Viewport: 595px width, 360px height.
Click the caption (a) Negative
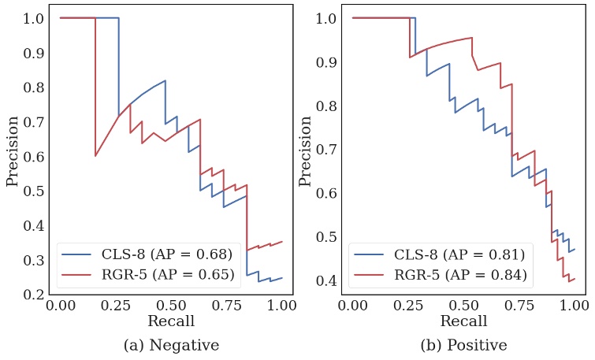pos(171,345)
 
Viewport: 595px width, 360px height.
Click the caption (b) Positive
pos(463,345)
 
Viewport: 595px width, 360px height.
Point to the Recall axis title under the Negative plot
pos(171,321)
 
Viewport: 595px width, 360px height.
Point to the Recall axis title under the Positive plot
pos(463,321)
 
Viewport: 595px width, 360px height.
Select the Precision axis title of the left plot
pos(13,151)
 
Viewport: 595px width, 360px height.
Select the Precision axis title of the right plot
pos(306,151)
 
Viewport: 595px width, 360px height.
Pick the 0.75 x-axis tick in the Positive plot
pos(519,306)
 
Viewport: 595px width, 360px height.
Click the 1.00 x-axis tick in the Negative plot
pos(281,306)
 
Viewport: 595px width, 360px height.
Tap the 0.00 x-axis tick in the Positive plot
pos(352,306)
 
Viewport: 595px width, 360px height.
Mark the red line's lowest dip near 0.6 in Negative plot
pos(95,156)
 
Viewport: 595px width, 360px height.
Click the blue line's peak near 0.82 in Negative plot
pos(165,80)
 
